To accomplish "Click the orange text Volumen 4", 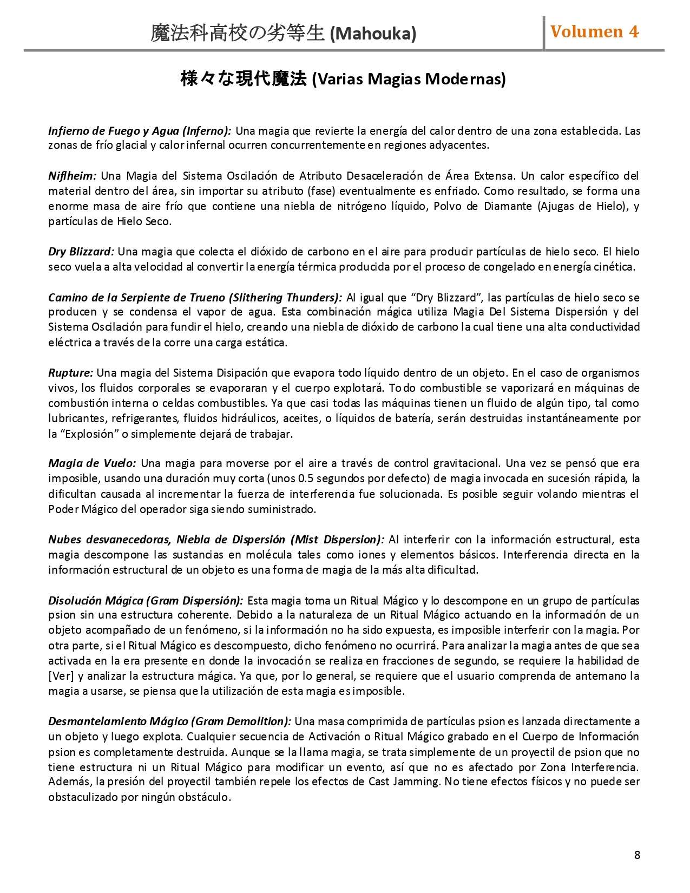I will tap(594, 32).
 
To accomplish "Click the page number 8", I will tap(637, 855).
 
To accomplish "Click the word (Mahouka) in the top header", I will tap(373, 34).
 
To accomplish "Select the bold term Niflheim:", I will tap(72, 176).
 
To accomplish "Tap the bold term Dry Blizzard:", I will tap(81, 252).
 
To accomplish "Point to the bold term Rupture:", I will tap(70, 373).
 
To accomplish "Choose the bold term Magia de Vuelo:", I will tap(92, 463).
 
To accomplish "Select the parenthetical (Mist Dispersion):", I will tap(337, 540).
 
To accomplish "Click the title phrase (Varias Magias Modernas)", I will tap(409, 80).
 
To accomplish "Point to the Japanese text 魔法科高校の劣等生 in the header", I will tap(238, 34).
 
